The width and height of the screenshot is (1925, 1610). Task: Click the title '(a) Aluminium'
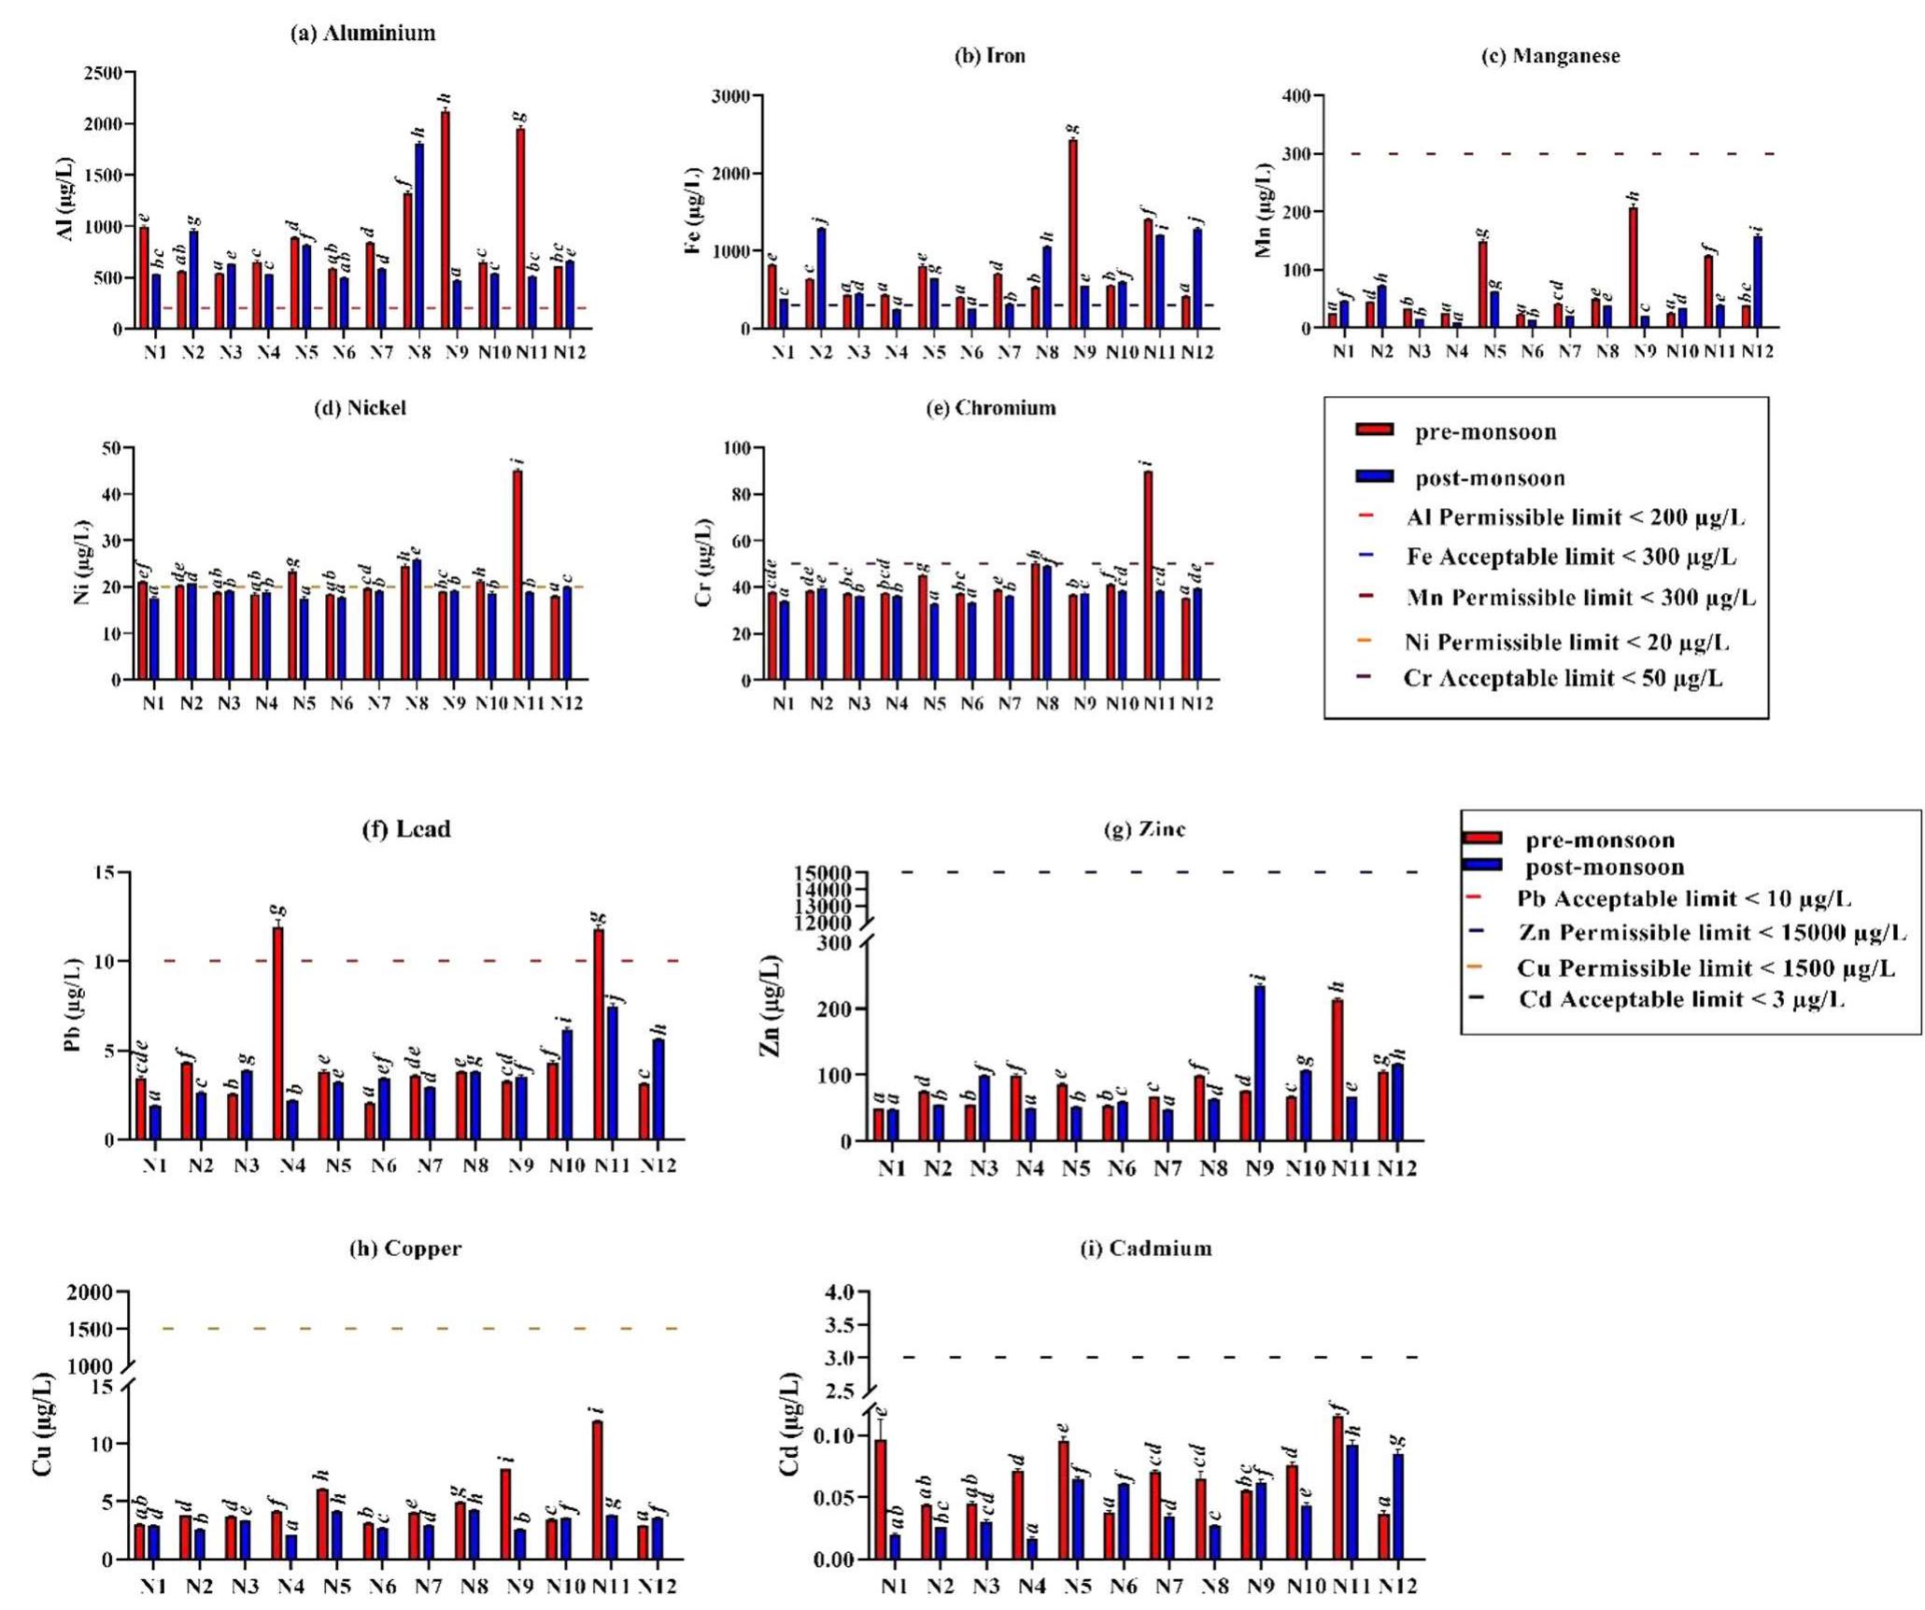point(362,34)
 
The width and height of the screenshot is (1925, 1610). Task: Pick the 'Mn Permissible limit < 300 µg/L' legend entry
point(1580,598)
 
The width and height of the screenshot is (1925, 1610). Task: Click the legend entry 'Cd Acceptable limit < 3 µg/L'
point(1680,999)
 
